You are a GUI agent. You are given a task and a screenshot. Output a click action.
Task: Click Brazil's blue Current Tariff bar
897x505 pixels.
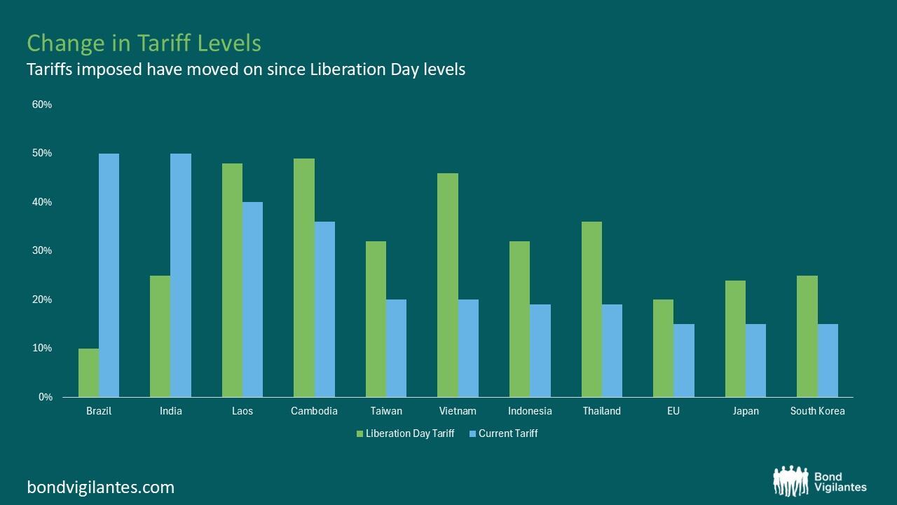tap(109, 275)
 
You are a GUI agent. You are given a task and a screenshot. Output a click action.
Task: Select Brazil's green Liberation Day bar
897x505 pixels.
tap(88, 372)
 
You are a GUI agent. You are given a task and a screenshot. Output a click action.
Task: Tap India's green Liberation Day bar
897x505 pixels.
tap(160, 336)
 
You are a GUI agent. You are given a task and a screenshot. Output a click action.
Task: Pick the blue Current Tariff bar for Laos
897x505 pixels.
tap(252, 299)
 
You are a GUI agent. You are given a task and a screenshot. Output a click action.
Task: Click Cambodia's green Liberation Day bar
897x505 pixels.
tap(304, 278)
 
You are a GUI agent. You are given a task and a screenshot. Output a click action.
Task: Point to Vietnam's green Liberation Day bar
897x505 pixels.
tap(448, 285)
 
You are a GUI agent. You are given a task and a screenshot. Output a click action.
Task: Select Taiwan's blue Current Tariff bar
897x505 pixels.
tap(396, 348)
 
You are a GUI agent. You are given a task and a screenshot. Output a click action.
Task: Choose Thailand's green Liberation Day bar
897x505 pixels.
tap(591, 309)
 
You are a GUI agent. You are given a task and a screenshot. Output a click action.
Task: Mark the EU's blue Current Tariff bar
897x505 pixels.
tap(684, 361)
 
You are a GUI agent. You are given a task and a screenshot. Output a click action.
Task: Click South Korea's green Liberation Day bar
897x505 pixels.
tap(807, 336)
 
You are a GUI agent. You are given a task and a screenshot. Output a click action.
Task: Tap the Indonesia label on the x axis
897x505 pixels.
tap(530, 411)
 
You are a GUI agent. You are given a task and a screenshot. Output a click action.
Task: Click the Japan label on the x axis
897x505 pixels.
tap(746, 411)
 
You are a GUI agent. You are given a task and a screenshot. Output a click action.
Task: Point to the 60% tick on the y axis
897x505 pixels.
tap(42, 105)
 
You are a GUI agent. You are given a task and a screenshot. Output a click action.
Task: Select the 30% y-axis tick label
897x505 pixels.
tap(42, 250)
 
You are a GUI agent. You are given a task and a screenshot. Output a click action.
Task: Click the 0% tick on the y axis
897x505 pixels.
tap(45, 397)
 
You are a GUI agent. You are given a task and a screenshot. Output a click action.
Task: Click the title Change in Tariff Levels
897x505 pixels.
tap(144, 43)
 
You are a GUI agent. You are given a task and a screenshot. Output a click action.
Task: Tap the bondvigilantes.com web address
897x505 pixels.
tap(101, 487)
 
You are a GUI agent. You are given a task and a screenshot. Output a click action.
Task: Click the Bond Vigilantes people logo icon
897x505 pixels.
tap(790, 481)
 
